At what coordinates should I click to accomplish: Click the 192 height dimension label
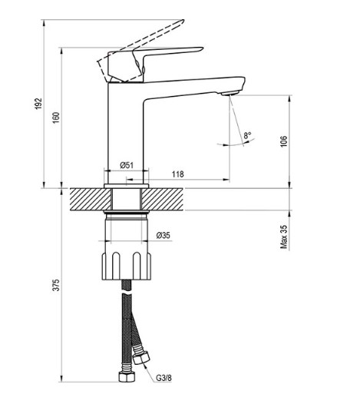[x=38, y=104]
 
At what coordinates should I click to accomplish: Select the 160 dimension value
[x=56, y=118]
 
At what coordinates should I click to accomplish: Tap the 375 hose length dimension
[x=56, y=285]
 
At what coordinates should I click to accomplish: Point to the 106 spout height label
[x=283, y=141]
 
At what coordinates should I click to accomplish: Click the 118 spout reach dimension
[x=178, y=174]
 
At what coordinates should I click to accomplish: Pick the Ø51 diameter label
[x=127, y=165]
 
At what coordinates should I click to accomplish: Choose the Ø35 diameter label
[x=163, y=235]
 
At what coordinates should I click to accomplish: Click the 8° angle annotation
[x=247, y=135]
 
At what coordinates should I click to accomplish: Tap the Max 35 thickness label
[x=283, y=237]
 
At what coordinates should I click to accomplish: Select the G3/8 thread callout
[x=163, y=378]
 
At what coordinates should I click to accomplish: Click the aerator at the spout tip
[x=230, y=93]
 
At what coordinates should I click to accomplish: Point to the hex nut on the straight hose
[x=127, y=376]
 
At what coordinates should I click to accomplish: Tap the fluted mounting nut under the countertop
[x=127, y=266]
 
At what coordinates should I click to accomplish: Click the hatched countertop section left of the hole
[x=91, y=199]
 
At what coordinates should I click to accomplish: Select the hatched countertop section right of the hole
[x=162, y=199]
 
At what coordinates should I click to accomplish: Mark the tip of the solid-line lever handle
[x=203, y=48]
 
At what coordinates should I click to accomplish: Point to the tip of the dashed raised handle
[x=183, y=21]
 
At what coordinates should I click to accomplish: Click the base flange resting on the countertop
[x=127, y=186]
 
